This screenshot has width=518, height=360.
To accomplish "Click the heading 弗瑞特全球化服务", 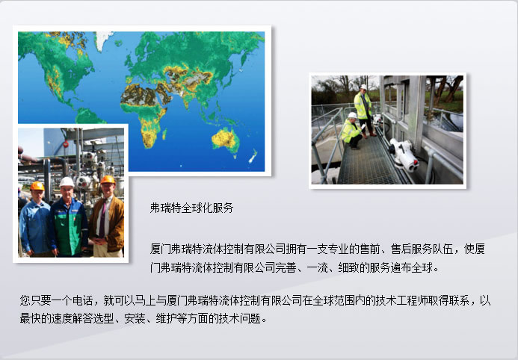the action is (x=191, y=208).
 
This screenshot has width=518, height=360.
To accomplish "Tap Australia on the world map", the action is (x=226, y=140).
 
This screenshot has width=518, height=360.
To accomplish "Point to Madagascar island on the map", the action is (x=164, y=134).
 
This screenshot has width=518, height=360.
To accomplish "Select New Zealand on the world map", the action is (x=253, y=156).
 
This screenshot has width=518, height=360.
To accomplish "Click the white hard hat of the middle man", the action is (x=67, y=181).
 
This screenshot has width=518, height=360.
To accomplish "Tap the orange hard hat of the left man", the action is (x=37, y=186).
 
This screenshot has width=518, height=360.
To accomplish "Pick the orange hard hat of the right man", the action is (x=108, y=179).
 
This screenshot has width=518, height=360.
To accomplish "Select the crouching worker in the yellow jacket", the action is (x=352, y=131).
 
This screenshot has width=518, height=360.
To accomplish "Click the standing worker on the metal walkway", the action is (x=364, y=111).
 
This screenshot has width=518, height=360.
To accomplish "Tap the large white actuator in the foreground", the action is (x=404, y=155).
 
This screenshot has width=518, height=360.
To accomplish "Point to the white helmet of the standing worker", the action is (x=363, y=87).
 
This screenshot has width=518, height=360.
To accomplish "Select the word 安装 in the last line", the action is (x=135, y=318).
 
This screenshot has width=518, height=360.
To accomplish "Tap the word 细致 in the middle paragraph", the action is (x=348, y=267).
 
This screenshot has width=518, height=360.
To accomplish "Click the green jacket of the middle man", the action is (x=70, y=228).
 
